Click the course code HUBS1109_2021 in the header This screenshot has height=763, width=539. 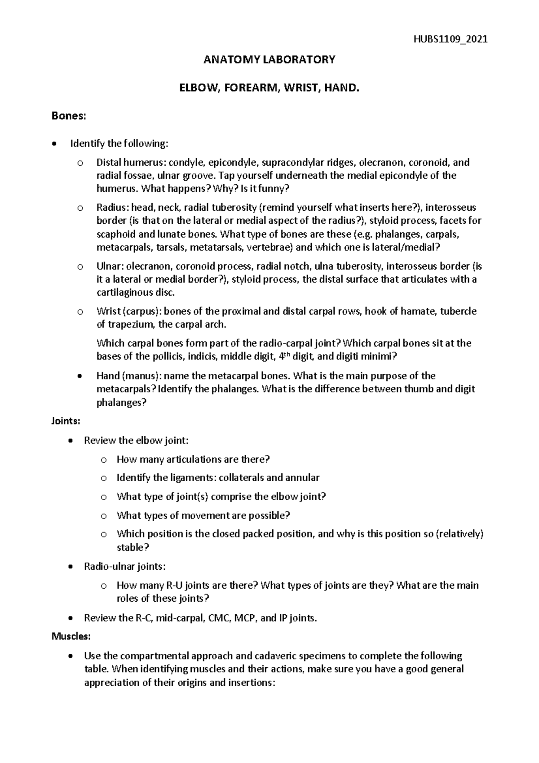(x=450, y=39)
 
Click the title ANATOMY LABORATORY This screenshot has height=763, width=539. (x=269, y=60)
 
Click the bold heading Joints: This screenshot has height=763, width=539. (x=66, y=421)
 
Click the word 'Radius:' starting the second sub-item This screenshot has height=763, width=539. (x=112, y=208)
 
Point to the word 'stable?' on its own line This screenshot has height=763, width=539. (x=133, y=547)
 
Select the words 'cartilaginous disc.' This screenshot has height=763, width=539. (x=134, y=293)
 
